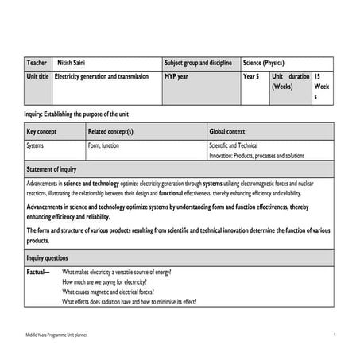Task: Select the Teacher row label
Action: [37, 63]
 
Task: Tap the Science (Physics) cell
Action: [263, 63]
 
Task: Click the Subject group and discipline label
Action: [198, 63]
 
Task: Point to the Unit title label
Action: [38, 76]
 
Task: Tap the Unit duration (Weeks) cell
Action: [290, 81]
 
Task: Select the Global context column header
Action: [227, 131]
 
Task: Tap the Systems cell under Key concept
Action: [36, 146]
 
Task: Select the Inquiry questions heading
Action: [48, 258]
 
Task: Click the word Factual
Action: [37, 273]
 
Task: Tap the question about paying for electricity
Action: [107, 282]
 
